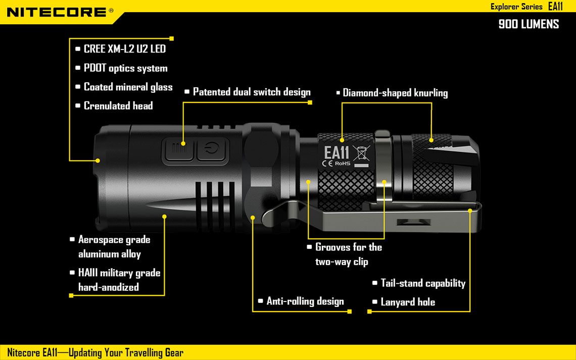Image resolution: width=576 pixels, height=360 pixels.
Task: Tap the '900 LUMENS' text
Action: tap(529, 24)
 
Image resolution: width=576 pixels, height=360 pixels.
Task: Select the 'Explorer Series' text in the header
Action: tap(516, 7)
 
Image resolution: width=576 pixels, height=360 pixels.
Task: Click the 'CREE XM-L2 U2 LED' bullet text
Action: tap(124, 49)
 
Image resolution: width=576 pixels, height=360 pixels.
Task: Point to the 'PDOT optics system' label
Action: tap(125, 68)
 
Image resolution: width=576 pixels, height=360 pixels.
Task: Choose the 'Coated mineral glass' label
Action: tap(128, 87)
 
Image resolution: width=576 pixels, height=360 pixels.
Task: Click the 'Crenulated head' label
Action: tap(118, 106)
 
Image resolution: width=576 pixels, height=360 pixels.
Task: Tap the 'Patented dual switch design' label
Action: tap(252, 92)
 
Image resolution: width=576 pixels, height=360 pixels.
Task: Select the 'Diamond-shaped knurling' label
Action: tap(395, 93)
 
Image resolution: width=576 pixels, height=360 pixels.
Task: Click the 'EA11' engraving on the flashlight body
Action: tap(337, 152)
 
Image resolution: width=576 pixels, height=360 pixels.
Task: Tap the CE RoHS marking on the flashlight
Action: tap(336, 164)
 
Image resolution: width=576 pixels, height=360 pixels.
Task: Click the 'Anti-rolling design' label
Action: tap(305, 301)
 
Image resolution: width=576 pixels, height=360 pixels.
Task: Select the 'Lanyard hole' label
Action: tap(408, 302)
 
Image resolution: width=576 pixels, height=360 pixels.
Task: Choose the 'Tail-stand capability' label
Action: tap(423, 283)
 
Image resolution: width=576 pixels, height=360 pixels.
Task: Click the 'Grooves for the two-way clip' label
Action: tap(348, 254)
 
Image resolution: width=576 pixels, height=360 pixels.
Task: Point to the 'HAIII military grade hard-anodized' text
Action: tap(119, 280)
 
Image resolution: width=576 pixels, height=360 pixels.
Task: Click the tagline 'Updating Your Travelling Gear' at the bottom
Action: tap(126, 352)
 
